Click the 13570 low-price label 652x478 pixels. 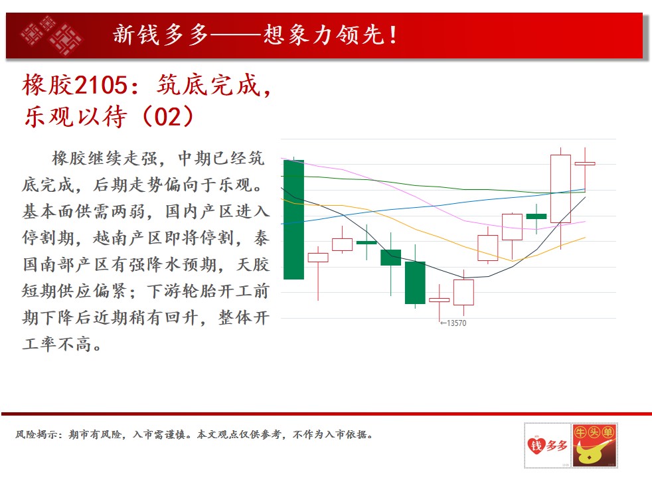[453, 323]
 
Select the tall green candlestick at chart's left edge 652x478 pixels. [293, 220]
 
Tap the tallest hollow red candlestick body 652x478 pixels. [560, 189]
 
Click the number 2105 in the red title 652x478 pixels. [102, 85]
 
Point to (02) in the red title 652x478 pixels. [168, 116]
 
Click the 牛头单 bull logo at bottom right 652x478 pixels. [594, 445]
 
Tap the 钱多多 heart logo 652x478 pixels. [548, 445]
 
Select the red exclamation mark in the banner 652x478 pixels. [392, 35]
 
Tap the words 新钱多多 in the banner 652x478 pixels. [161, 35]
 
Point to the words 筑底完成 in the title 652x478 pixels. [208, 85]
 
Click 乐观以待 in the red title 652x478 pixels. [75, 116]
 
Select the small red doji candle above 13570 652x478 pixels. [439, 299]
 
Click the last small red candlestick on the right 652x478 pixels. [585, 164]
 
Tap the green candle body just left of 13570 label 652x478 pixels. [415, 283]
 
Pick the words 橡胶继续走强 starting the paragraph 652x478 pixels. [105, 159]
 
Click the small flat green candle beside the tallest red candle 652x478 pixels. [536, 216]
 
